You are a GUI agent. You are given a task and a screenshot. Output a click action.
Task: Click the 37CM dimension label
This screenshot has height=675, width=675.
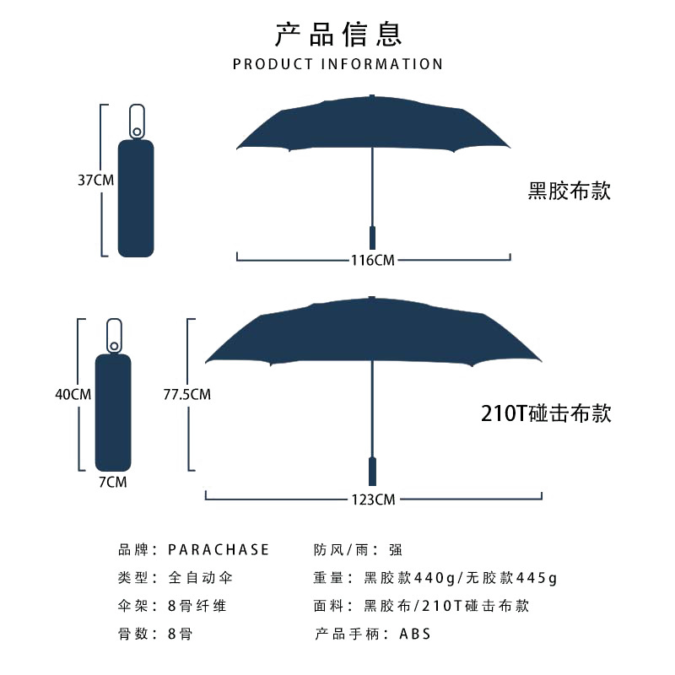tap(95, 180)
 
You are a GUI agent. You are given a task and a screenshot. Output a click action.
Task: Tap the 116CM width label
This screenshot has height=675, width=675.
tap(372, 260)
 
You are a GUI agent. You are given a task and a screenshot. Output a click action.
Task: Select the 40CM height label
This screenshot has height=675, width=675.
tap(73, 394)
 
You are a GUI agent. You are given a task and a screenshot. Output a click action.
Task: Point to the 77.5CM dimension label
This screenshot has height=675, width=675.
tap(187, 394)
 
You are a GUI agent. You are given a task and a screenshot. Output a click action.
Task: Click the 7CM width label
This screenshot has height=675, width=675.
tap(112, 482)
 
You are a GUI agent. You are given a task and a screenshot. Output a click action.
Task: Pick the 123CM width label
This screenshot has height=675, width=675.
tap(372, 499)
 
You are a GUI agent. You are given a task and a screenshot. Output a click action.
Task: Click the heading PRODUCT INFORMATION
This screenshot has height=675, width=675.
tap(337, 64)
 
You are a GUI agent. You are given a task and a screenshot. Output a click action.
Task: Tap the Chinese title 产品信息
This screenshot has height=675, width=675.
tap(338, 33)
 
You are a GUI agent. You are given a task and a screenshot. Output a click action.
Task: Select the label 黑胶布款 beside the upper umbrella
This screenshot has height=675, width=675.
tap(569, 191)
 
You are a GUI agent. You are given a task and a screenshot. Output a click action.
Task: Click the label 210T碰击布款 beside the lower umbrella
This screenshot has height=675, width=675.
tap(545, 413)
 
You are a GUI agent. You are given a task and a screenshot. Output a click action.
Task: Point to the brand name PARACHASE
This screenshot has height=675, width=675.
tap(219, 550)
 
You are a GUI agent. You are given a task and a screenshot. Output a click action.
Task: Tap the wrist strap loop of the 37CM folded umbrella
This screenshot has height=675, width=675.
tap(136, 120)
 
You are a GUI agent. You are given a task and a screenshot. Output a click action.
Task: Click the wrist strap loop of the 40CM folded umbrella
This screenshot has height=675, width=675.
tap(114, 334)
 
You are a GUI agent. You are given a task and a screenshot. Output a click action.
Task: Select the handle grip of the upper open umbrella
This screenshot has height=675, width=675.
tap(372, 237)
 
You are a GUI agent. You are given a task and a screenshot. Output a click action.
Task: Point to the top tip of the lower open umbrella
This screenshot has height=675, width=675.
tap(372, 298)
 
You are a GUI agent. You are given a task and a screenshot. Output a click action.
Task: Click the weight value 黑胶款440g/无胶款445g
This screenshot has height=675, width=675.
tap(461, 579)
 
